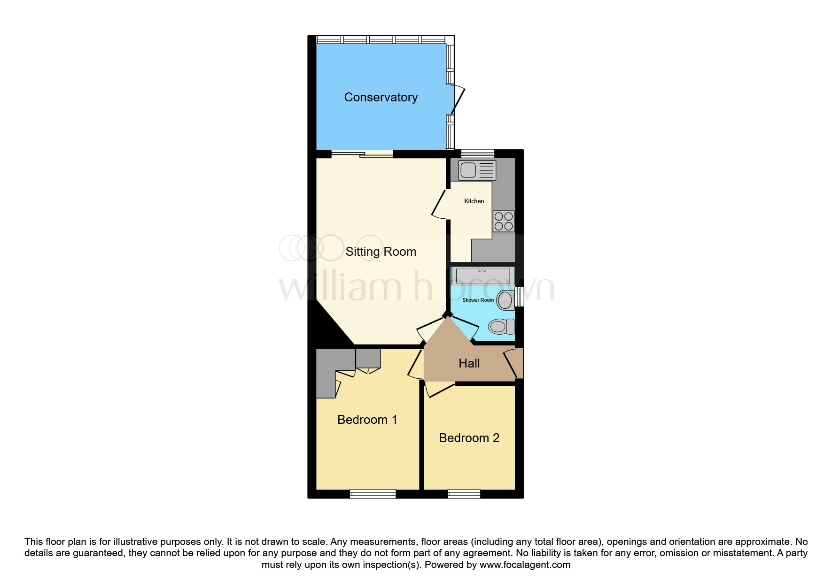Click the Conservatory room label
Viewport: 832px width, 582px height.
click(381, 97)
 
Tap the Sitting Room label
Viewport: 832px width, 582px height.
click(381, 252)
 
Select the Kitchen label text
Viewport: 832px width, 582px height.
click(474, 201)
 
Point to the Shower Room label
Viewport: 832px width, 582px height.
click(478, 300)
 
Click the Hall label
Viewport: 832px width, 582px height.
click(469, 363)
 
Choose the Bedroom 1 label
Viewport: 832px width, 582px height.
click(367, 420)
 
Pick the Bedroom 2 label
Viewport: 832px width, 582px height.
click(469, 438)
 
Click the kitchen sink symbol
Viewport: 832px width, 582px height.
click(477, 170)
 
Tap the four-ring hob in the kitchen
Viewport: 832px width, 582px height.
click(503, 221)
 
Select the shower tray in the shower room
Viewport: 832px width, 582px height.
click(483, 276)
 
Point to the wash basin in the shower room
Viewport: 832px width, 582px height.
click(506, 300)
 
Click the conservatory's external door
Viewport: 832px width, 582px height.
click(456, 100)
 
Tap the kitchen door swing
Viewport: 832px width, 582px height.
click(440, 205)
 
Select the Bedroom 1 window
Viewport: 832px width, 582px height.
click(373, 493)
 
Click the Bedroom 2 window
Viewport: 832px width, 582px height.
click(464, 493)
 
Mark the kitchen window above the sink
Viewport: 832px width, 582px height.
click(477, 153)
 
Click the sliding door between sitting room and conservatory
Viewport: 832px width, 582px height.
click(362, 153)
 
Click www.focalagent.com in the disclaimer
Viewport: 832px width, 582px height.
click(525, 565)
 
